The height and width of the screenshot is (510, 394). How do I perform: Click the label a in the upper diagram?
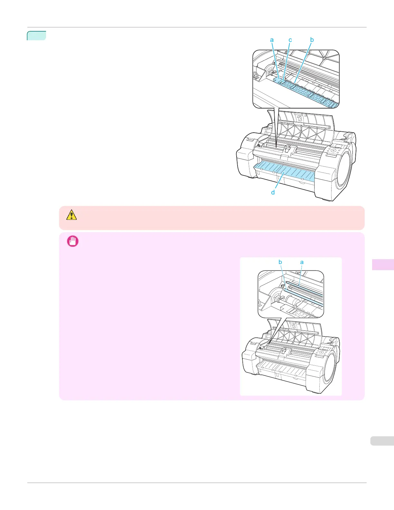[272, 40]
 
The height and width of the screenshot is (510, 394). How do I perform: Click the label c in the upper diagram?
[290, 40]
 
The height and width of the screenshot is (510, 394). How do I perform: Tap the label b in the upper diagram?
[312, 40]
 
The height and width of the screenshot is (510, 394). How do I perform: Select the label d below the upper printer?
[273, 193]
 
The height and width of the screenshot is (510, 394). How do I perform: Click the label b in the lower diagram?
[280, 262]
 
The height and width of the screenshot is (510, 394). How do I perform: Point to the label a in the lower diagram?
[302, 262]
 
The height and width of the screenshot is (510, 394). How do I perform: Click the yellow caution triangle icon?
[71, 215]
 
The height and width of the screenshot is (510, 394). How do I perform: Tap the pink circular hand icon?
[73, 241]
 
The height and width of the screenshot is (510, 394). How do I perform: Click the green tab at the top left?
[36, 35]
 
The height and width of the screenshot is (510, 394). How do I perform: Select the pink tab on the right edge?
[383, 264]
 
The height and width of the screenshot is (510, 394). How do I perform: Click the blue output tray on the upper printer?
[283, 172]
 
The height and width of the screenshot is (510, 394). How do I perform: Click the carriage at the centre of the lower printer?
[283, 352]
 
